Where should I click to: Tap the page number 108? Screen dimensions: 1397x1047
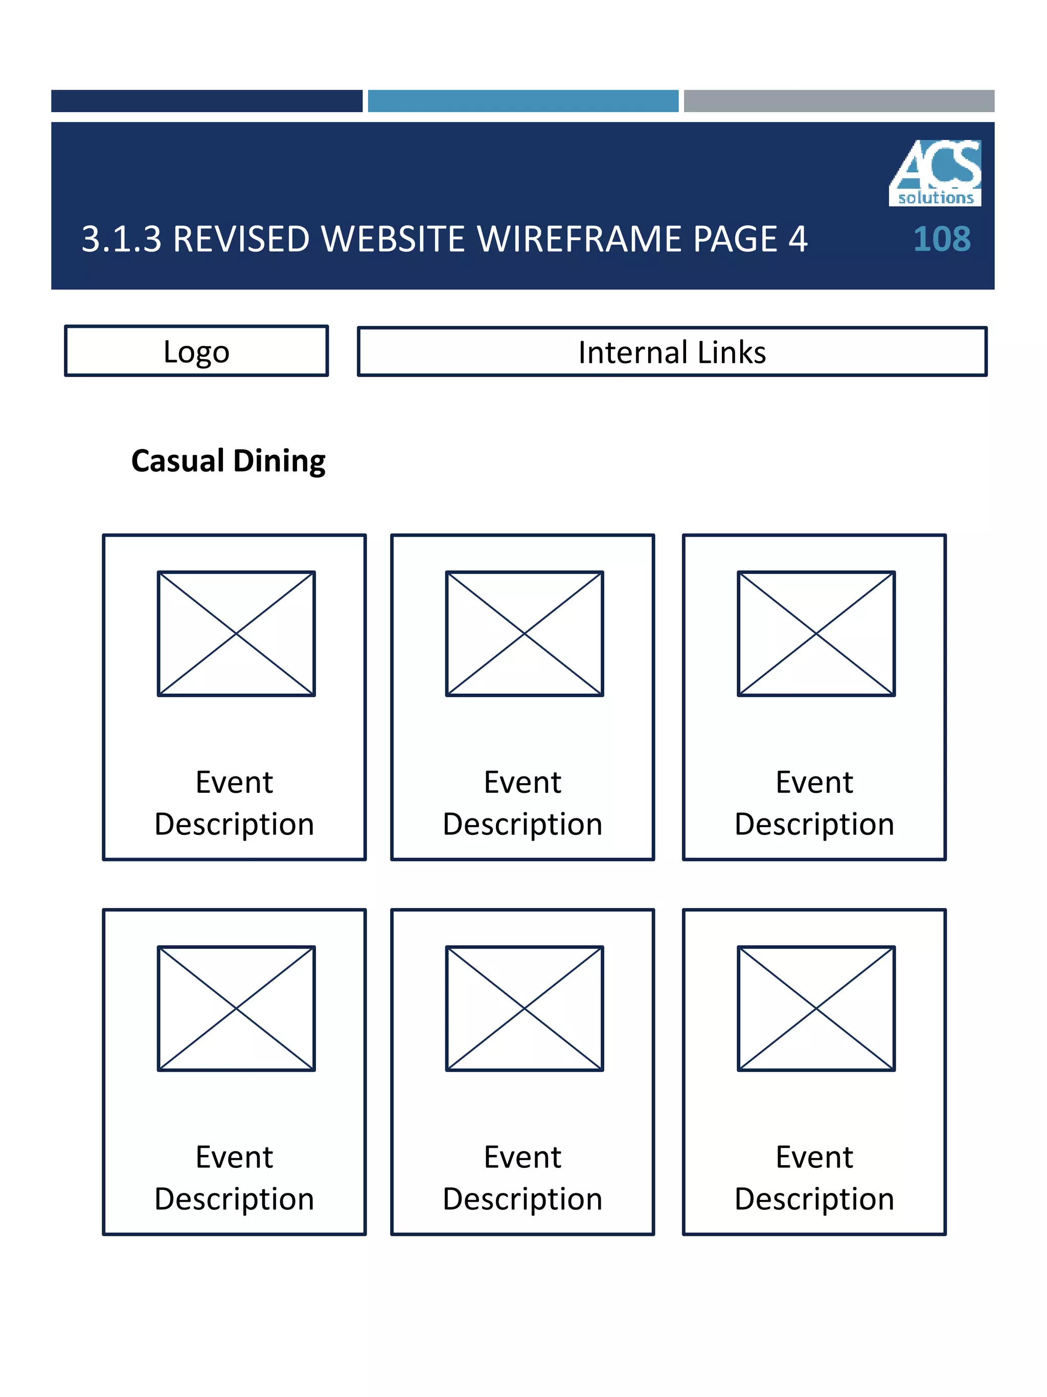coord(941,239)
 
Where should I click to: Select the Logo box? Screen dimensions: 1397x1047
coord(196,351)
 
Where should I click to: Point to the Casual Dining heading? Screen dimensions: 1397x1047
coord(228,460)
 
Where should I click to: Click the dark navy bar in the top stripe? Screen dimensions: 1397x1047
coord(207,101)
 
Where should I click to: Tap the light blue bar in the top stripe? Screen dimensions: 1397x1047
coord(522,101)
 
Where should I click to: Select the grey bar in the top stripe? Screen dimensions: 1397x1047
coord(839,101)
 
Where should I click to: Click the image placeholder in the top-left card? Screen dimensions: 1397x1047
coord(236,633)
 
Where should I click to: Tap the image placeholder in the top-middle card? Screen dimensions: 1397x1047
coord(525,633)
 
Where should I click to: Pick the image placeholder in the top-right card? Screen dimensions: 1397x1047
coord(816,633)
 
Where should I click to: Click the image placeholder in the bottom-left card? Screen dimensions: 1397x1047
coord(236,1008)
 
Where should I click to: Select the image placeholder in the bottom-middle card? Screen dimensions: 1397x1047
coord(525,1008)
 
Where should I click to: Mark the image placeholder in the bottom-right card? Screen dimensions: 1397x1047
coord(816,1008)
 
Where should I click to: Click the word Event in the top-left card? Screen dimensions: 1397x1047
coord(234,783)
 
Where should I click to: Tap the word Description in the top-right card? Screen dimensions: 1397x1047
coord(814,824)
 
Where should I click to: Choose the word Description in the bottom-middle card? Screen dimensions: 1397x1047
coord(522,1199)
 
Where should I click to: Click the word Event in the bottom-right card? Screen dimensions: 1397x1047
coord(814,1157)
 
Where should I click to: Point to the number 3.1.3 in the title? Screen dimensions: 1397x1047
coord(121,239)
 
